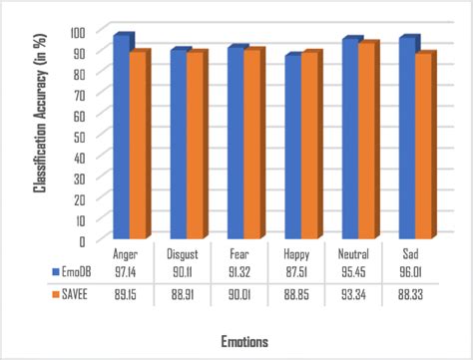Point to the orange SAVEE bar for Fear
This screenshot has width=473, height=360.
252,145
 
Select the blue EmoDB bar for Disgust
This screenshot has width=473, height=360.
179,145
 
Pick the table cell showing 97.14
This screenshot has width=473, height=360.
126,271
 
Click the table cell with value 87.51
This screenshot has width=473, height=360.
296,271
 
